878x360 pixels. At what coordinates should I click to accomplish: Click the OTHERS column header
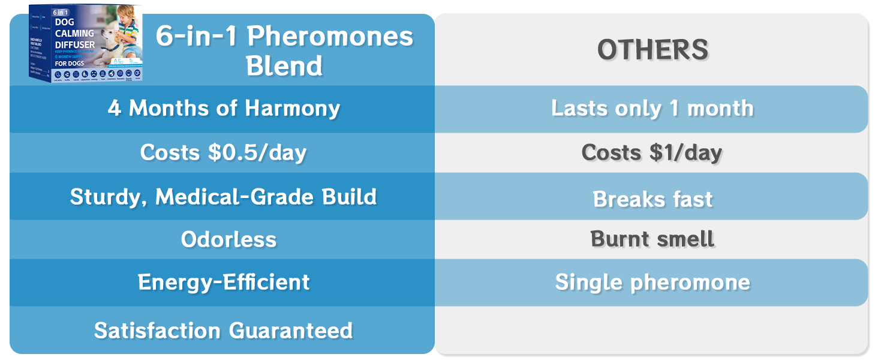tap(653, 50)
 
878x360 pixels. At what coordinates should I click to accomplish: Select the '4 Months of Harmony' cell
tap(224, 109)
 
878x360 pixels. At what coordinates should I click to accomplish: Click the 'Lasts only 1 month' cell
tap(652, 109)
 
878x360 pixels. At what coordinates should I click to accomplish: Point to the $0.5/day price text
tap(257, 152)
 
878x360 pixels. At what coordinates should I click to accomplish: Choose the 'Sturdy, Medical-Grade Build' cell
tap(223, 197)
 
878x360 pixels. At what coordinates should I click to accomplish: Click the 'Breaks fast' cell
tap(653, 199)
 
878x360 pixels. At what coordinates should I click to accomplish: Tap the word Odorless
tap(228, 240)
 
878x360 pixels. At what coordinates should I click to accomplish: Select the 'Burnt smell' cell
tap(652, 239)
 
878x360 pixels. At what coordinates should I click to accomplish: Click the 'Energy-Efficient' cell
tap(224, 282)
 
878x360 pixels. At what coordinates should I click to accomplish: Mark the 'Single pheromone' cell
tap(653, 282)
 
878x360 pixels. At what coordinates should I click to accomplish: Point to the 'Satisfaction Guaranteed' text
tap(223, 331)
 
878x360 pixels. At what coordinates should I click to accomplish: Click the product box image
tap(85, 43)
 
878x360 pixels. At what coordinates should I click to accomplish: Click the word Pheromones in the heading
tap(330, 37)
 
